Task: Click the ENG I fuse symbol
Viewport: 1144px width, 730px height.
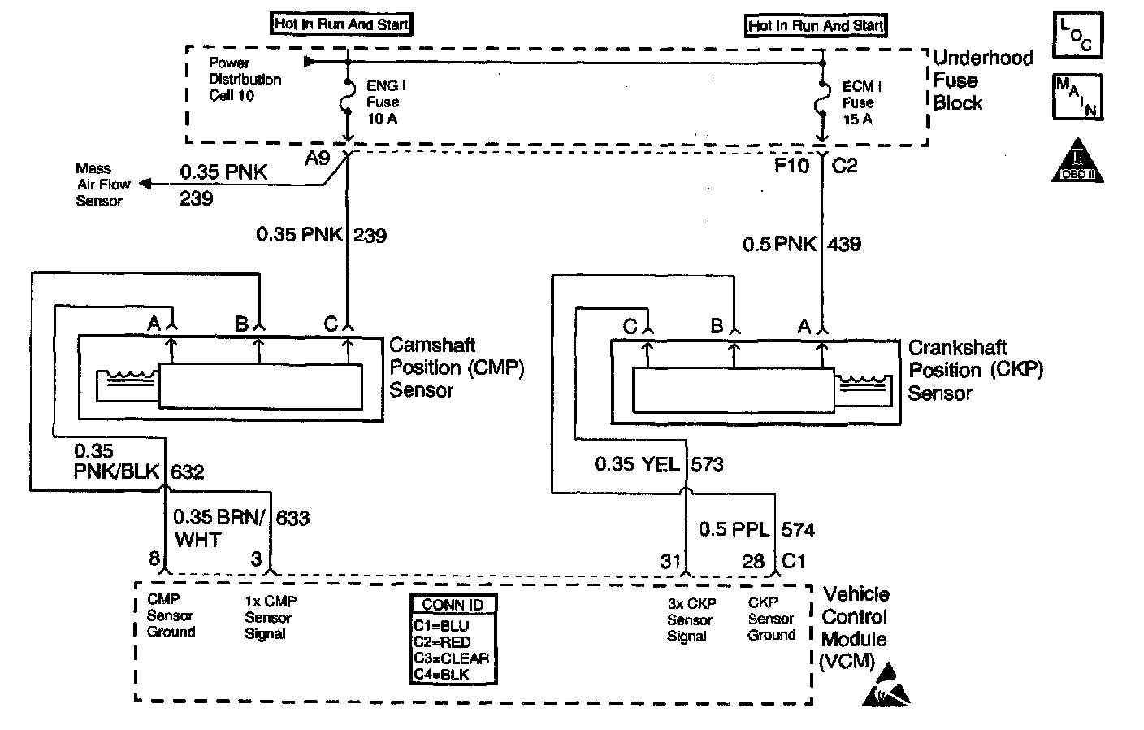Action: (x=348, y=101)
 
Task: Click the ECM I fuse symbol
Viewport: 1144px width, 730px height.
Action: (x=822, y=102)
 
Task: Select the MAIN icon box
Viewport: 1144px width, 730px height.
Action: (x=1077, y=97)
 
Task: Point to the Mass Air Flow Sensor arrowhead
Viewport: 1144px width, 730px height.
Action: (x=145, y=185)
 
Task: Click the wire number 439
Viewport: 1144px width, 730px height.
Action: (x=844, y=244)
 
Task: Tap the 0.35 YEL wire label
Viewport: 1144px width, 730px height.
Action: (x=637, y=464)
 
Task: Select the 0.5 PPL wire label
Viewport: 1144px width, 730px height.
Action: (x=734, y=530)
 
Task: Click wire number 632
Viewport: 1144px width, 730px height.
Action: (x=187, y=471)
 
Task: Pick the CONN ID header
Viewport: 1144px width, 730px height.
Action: (x=453, y=605)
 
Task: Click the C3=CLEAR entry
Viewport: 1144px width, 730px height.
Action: (x=451, y=658)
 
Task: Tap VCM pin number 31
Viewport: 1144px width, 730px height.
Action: (x=669, y=561)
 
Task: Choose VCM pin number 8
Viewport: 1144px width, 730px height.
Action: (x=153, y=559)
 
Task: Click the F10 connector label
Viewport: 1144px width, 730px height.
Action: (x=791, y=166)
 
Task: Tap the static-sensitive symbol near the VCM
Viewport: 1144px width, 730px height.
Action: (x=886, y=684)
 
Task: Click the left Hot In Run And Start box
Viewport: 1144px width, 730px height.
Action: (x=341, y=24)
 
